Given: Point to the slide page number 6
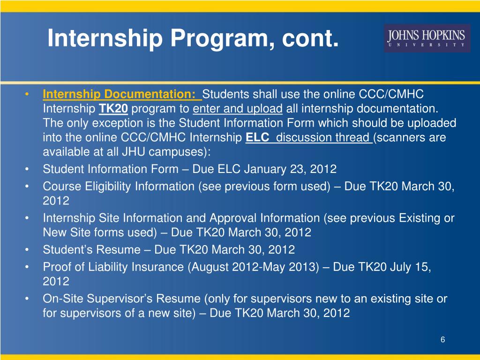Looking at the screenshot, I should pyautogui.click(x=442, y=340).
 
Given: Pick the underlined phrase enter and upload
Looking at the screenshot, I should pyautogui.click(x=238, y=109).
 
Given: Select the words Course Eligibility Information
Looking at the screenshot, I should pyautogui.click(x=119, y=186).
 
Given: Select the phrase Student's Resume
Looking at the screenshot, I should pyautogui.click(x=91, y=249).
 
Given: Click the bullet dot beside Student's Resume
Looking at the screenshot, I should pyautogui.click(x=29, y=249).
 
